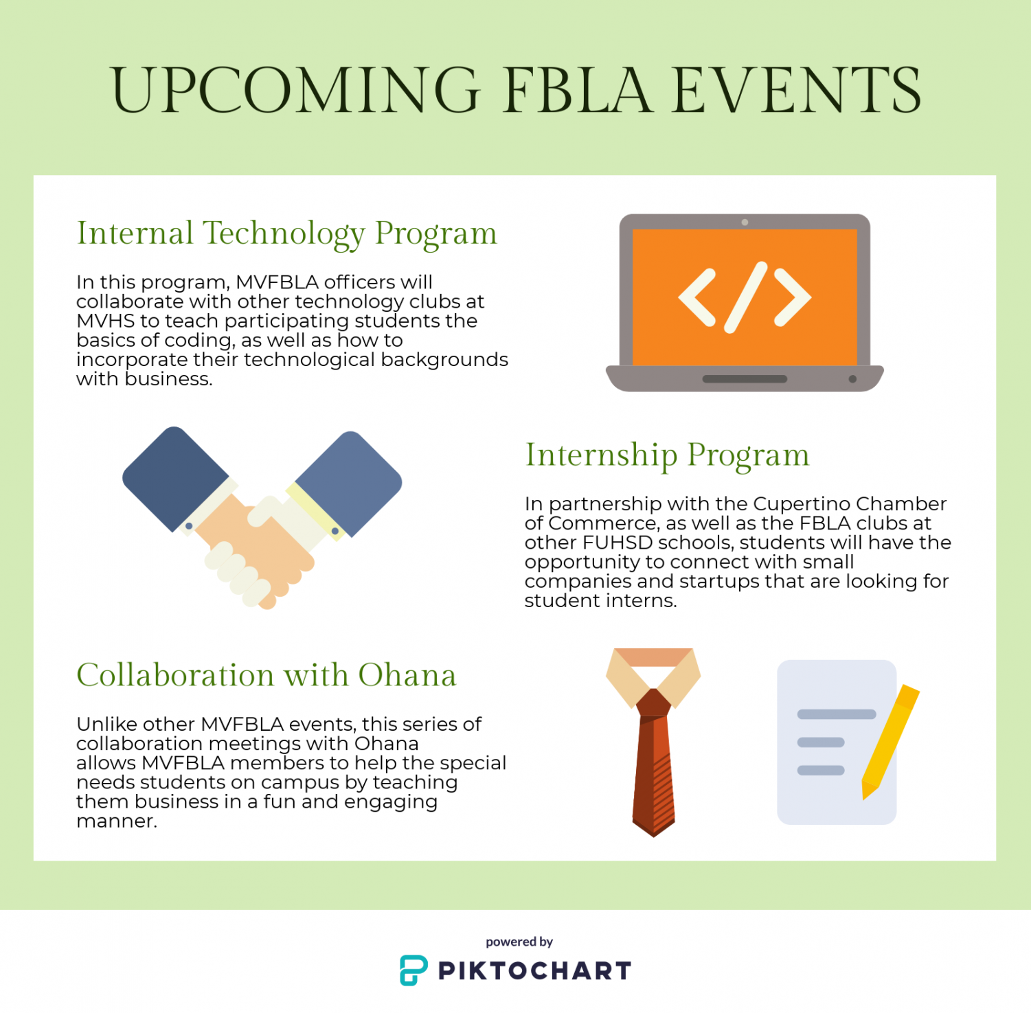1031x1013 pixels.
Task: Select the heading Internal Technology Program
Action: point(287,234)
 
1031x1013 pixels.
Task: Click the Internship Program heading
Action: point(668,455)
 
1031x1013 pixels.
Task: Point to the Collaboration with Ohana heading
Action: point(267,675)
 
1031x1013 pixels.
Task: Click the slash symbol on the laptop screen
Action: point(745,297)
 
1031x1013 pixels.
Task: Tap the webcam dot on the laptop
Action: point(745,223)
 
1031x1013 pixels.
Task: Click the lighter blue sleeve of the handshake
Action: point(349,482)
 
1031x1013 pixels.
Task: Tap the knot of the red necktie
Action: point(653,703)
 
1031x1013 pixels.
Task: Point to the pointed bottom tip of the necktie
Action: point(653,836)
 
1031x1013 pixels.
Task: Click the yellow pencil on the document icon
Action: point(890,742)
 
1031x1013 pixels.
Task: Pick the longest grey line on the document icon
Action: point(837,714)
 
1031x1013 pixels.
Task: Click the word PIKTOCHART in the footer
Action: point(534,971)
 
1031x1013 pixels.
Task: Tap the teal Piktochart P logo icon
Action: point(413,970)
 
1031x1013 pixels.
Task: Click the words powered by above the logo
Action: point(519,942)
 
